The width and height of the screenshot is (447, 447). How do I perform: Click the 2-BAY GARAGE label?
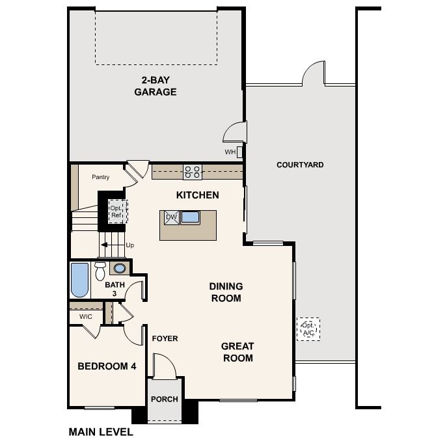click(x=156, y=86)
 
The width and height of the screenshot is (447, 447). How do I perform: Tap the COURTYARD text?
click(x=300, y=165)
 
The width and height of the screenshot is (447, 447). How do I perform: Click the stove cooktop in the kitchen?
click(x=192, y=172)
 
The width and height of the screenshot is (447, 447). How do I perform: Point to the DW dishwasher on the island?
click(x=171, y=218)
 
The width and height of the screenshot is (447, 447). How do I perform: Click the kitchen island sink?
click(x=190, y=218)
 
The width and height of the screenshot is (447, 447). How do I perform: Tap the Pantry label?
click(x=100, y=177)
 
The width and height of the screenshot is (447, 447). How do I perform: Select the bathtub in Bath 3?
click(x=79, y=279)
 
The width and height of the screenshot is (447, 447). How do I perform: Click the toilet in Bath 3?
click(x=100, y=270)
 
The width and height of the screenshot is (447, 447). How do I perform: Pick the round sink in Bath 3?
click(x=120, y=268)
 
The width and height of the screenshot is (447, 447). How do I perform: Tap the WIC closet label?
click(x=85, y=317)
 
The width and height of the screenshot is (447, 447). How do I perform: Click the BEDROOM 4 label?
click(x=107, y=366)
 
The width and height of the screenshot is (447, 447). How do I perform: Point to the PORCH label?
click(x=165, y=399)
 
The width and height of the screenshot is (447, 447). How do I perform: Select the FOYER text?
click(x=165, y=338)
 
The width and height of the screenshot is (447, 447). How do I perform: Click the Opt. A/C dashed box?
click(x=308, y=329)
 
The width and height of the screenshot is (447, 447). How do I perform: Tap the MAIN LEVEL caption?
click(x=101, y=431)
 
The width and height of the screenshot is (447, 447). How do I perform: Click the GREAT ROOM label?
click(x=237, y=352)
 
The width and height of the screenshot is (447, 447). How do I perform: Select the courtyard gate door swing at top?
click(x=313, y=74)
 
